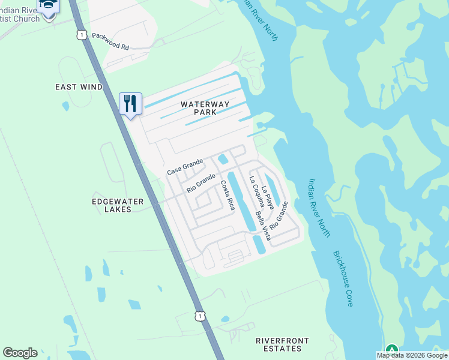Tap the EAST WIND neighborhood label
coord(79,87)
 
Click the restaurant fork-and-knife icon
coord(130,103)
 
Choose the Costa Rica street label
coord(228,195)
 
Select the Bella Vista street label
coord(263,226)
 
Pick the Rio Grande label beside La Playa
coord(279,215)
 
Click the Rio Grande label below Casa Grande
coord(200,183)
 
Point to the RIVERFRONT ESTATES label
coord(282,344)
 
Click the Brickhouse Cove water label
coord(343,278)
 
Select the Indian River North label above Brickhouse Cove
coord(319,206)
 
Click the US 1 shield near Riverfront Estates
coord(199,316)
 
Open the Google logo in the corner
coord(20,353)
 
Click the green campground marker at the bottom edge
coord(391,350)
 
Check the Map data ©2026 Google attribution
coord(412,355)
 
